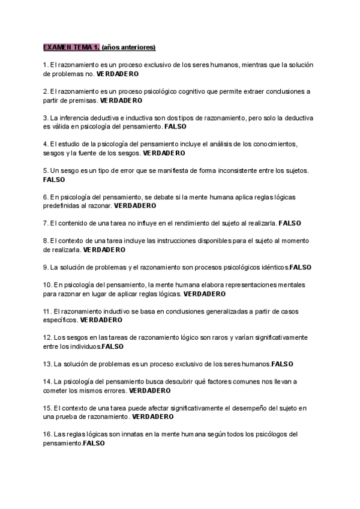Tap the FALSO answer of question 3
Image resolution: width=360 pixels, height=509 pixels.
[179, 127]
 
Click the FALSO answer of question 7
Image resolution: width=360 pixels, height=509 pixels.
[290, 223]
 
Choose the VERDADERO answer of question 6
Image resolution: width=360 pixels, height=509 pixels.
[134, 205]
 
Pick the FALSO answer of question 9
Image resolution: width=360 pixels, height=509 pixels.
[300, 267]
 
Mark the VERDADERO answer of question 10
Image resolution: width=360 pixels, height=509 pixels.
[204, 294]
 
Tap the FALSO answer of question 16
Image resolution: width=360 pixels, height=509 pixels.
[94, 443]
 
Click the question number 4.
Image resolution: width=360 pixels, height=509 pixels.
[46, 144]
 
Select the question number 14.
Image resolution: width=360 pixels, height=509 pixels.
[47, 381]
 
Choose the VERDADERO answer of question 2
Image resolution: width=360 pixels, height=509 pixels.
[121, 100]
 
